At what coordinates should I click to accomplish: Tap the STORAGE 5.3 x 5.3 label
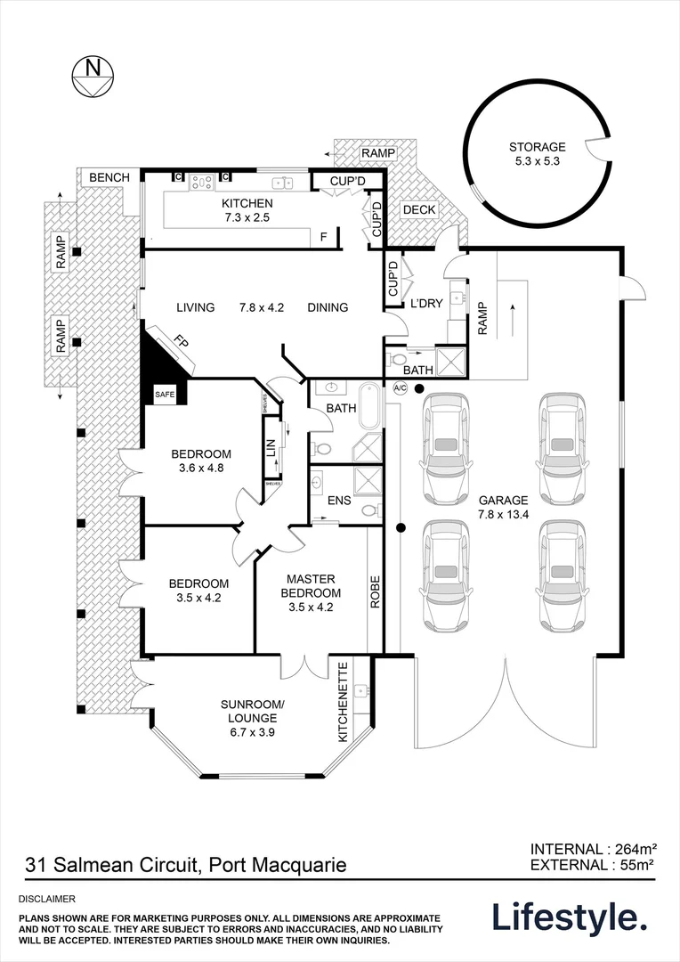[537, 154]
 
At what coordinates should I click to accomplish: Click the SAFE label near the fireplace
[165, 393]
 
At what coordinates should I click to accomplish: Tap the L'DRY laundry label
[425, 304]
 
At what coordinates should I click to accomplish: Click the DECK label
[418, 210]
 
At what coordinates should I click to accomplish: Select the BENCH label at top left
[109, 178]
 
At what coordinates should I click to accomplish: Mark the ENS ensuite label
[339, 501]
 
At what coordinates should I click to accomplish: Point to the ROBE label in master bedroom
[375, 591]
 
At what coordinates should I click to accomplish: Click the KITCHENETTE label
[343, 712]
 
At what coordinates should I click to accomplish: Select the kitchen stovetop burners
[200, 182]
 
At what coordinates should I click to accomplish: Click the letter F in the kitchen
[324, 237]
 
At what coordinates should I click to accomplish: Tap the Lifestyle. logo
[570, 917]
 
